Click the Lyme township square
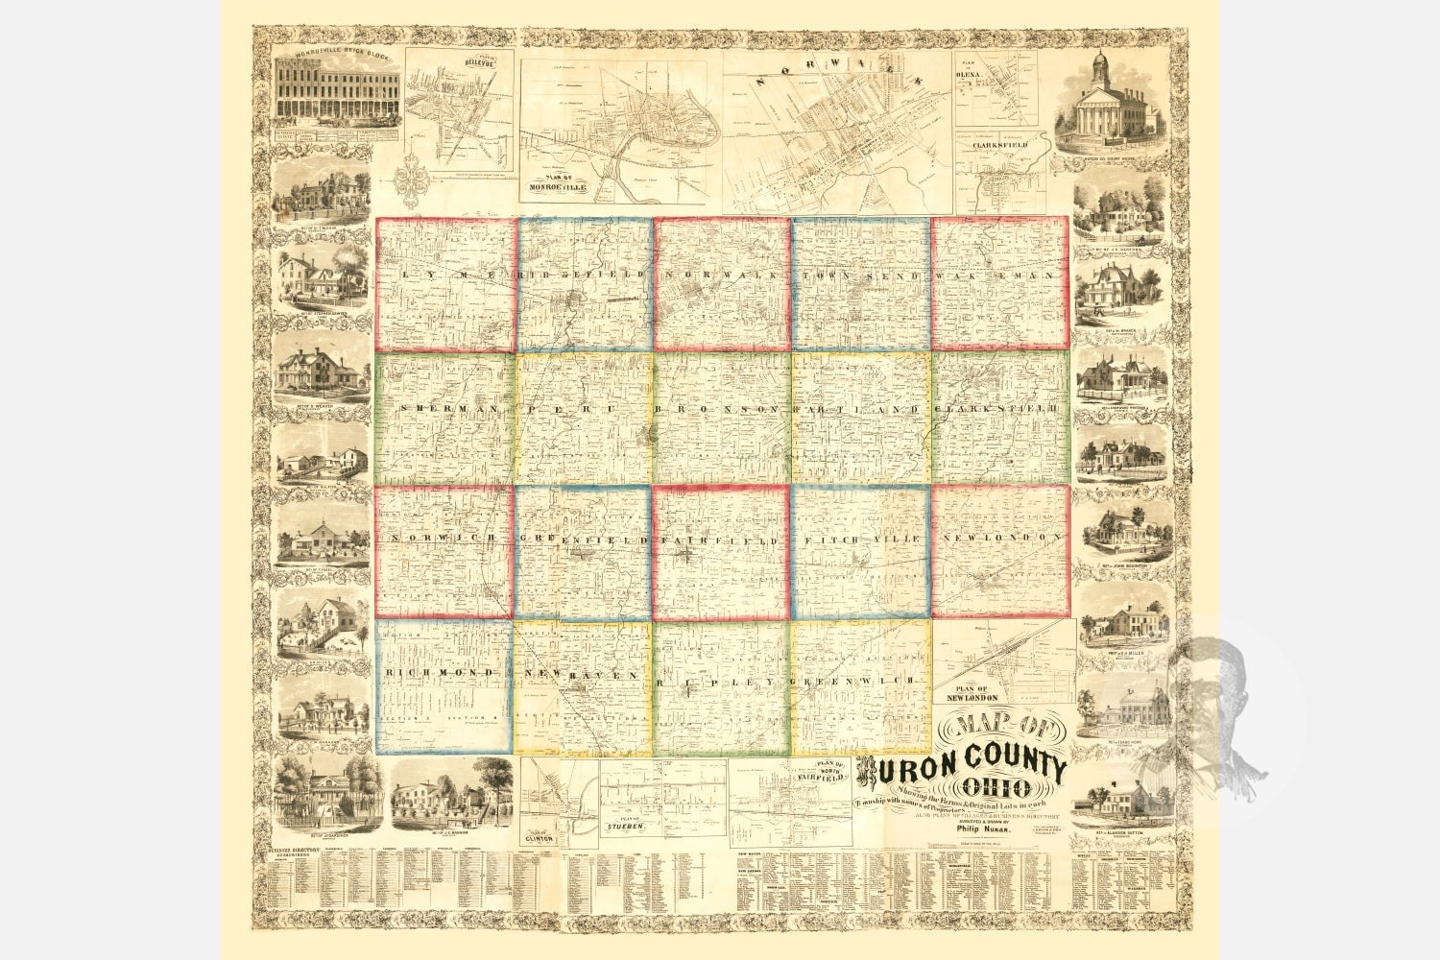point(444,284)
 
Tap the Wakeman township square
point(999,283)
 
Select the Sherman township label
point(439,409)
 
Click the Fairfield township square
point(721,552)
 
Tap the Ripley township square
point(721,686)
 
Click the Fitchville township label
point(860,540)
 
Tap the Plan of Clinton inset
point(560,803)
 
